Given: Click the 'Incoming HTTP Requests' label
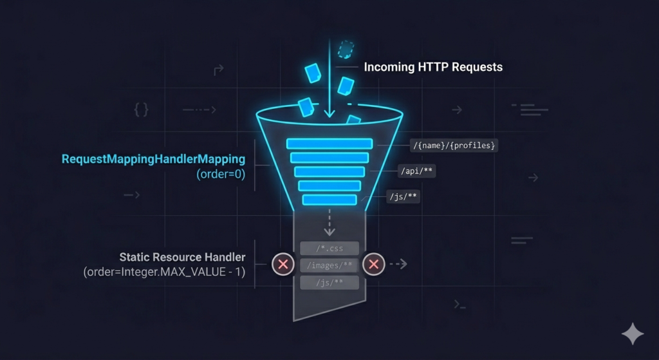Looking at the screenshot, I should click(x=433, y=67).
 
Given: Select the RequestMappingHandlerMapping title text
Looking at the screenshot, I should click(x=153, y=158).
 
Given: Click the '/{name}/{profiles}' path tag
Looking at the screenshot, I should click(x=454, y=146).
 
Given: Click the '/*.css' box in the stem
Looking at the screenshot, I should click(x=329, y=249).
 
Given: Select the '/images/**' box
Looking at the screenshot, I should click(x=329, y=265).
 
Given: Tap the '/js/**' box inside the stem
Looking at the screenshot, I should click(x=329, y=282).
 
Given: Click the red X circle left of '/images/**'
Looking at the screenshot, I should click(x=283, y=264).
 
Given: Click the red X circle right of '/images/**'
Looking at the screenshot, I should click(x=374, y=264).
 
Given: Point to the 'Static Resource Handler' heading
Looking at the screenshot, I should click(x=183, y=257).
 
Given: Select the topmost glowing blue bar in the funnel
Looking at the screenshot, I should click(x=329, y=144).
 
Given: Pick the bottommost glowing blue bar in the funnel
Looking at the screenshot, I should click(x=329, y=200).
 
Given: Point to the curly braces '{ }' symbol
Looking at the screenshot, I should click(x=141, y=110).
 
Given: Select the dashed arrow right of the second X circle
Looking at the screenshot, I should click(x=398, y=264).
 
